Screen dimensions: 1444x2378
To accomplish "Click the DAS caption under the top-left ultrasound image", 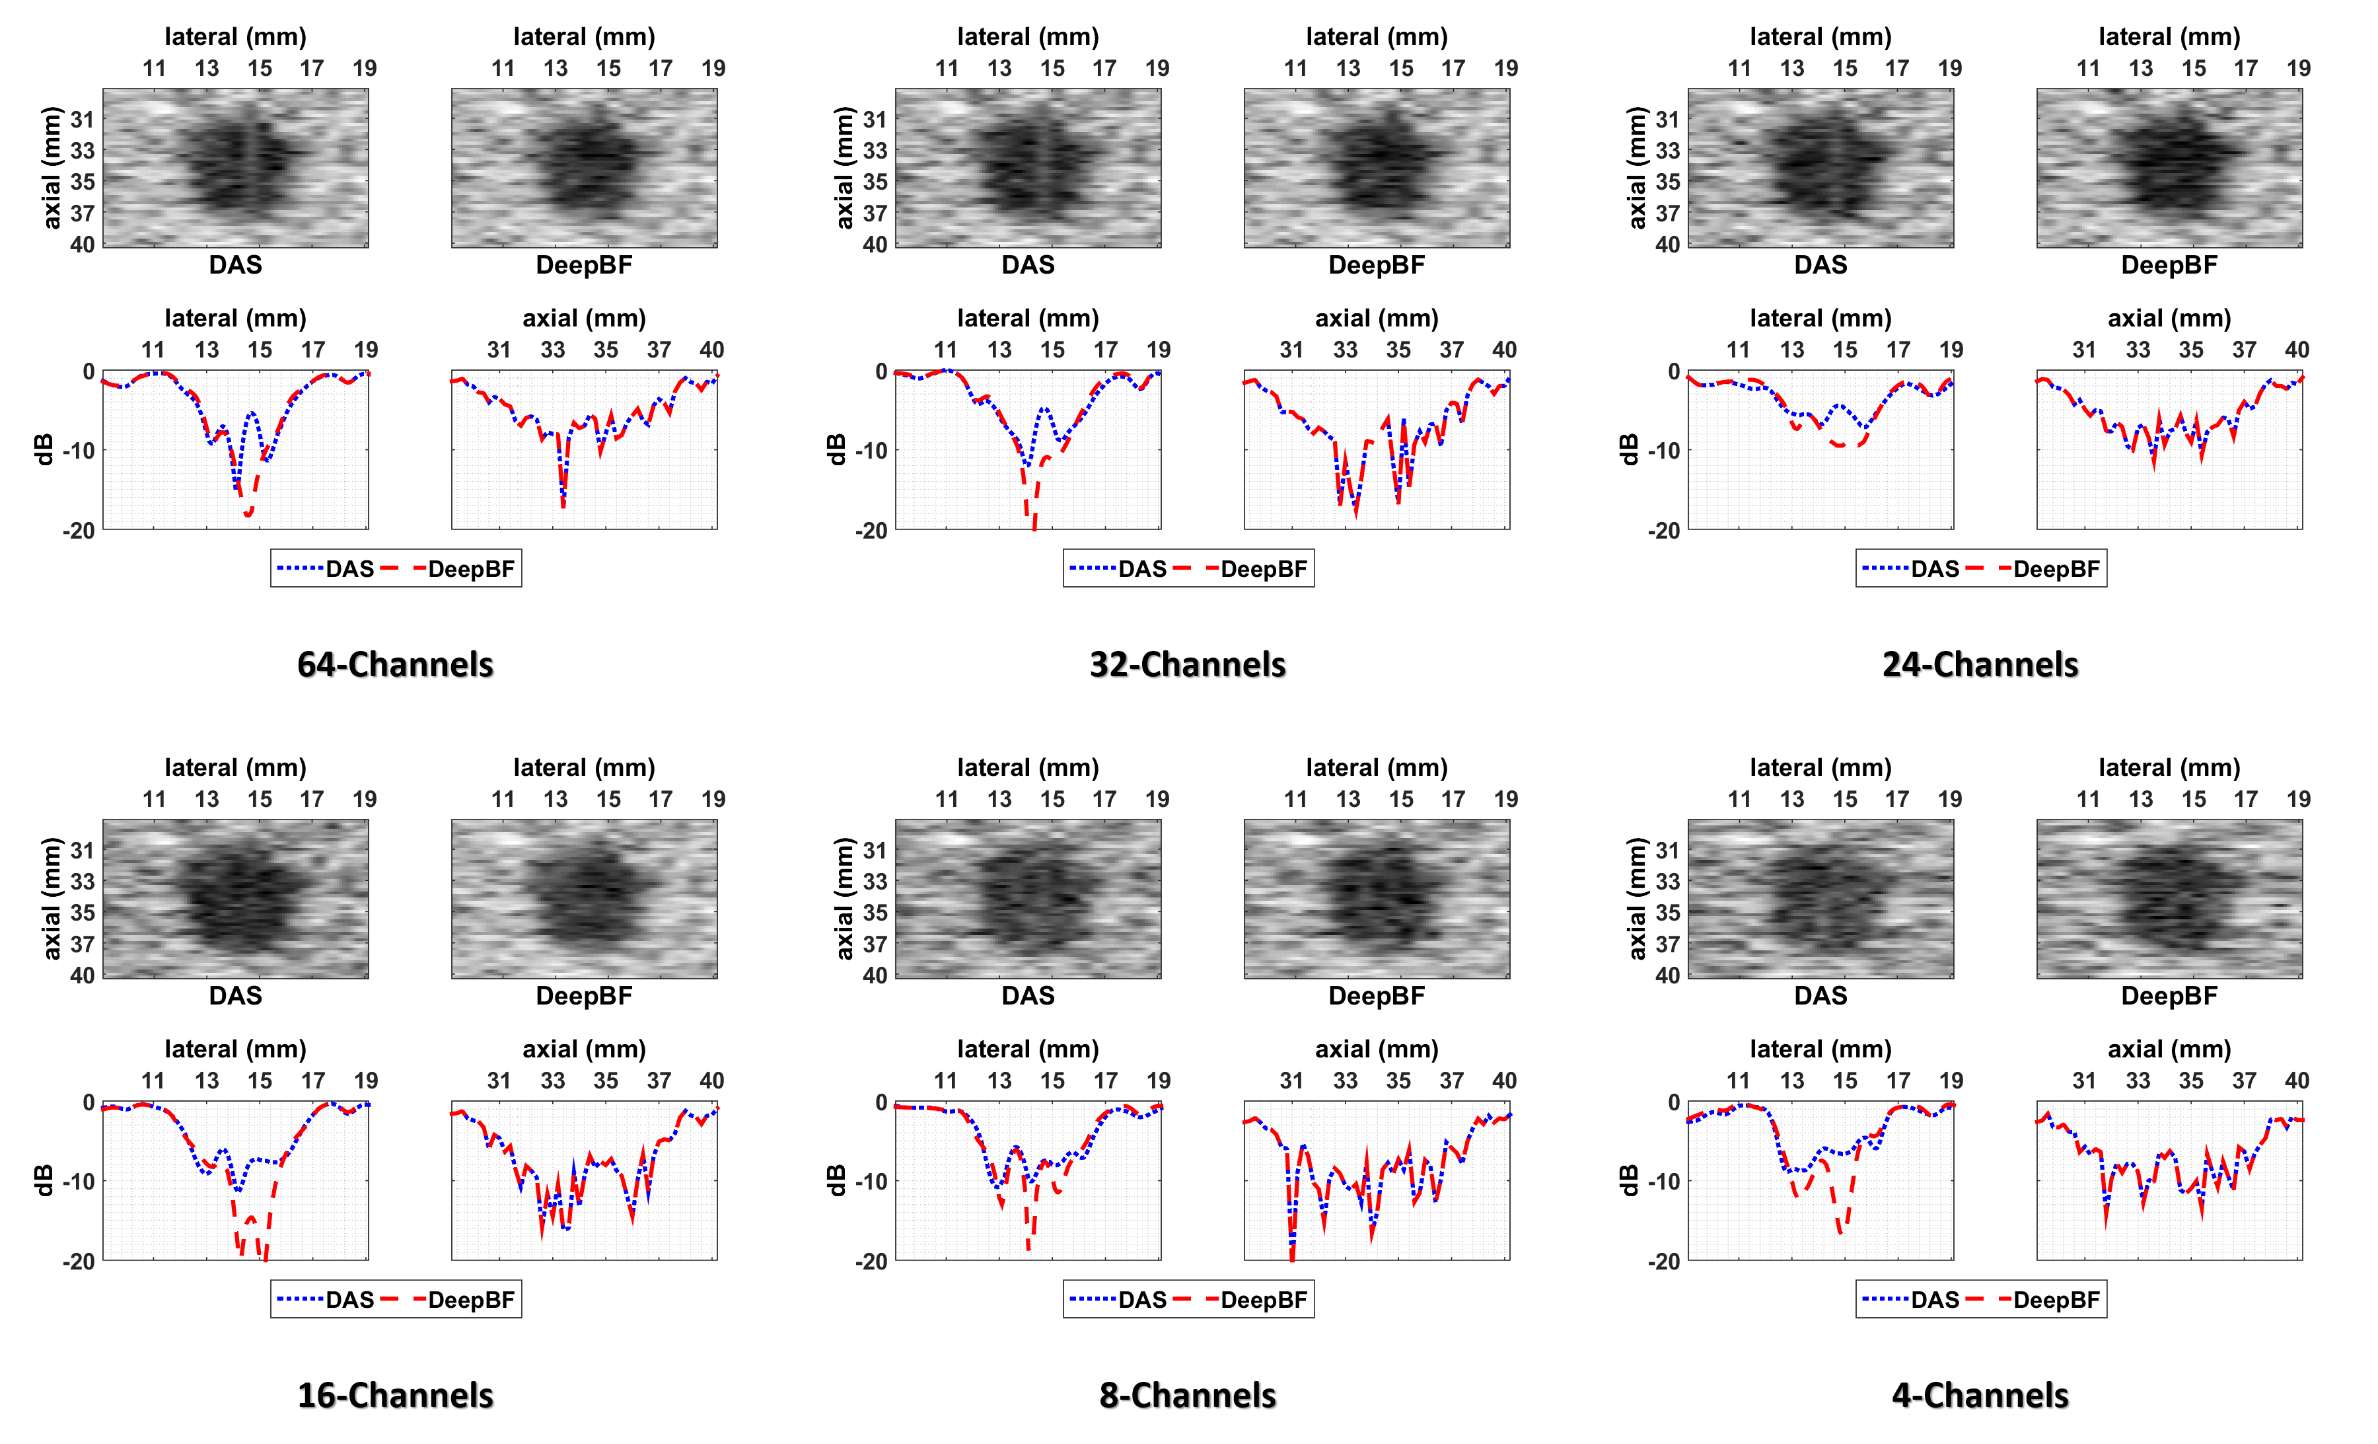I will (x=235, y=264).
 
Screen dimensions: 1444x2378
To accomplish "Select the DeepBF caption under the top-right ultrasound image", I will (x=2169, y=264).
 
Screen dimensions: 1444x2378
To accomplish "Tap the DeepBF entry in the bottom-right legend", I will (x=2056, y=1299).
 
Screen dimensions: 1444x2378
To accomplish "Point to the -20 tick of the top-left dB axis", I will (x=79, y=530).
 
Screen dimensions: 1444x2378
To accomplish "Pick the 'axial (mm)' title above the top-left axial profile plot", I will (x=584, y=318).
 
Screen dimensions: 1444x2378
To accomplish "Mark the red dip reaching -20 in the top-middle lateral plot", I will (x=1034, y=525).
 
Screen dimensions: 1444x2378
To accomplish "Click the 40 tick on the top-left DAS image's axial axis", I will (x=83, y=245).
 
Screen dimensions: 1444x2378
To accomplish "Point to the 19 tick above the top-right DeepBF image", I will (x=2298, y=69).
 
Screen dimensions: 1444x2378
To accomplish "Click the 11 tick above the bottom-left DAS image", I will (x=155, y=799).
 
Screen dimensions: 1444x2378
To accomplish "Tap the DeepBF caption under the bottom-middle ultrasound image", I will (x=1376, y=995).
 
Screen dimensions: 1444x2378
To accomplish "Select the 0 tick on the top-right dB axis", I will (x=1673, y=371).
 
